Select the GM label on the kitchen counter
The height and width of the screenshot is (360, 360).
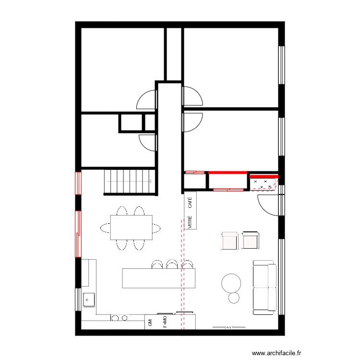pos(150,323)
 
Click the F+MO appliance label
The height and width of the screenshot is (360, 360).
pos(165,322)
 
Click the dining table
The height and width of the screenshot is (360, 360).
pos(131,228)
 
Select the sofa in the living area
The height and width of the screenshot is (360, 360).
pos(264,288)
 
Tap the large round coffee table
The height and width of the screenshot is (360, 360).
pos(231,283)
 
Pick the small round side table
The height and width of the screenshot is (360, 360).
pos(234,298)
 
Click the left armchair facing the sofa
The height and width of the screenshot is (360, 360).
pos(230,240)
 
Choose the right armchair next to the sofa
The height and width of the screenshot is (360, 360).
pos(250,240)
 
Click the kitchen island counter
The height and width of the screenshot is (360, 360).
pos(159,278)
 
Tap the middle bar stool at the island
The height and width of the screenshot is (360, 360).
pos(171,264)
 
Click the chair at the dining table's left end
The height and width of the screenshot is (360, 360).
pos(105,227)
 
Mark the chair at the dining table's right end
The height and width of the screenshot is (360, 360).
pos(156,228)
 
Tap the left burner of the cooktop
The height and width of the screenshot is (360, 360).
pos(115,317)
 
